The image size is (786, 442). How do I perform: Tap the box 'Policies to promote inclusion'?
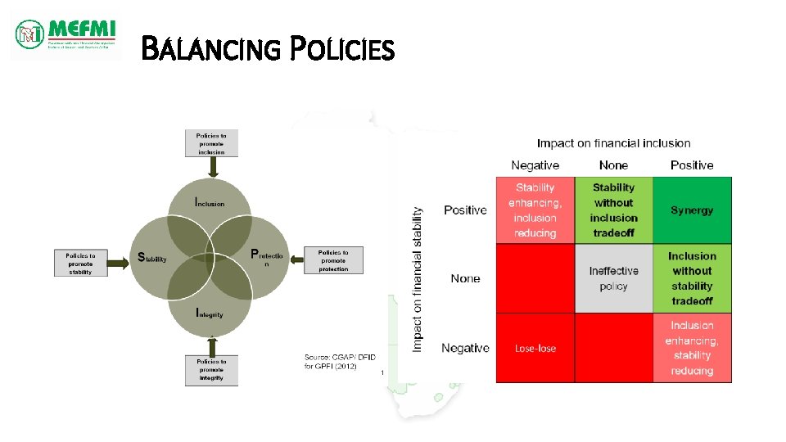211,142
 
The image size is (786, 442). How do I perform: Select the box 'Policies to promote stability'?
80,262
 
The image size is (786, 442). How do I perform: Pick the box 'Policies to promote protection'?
333,261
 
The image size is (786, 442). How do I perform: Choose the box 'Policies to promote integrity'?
211,370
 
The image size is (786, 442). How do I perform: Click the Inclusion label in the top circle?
210,202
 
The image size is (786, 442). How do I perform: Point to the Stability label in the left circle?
152,258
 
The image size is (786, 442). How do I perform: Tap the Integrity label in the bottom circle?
210,313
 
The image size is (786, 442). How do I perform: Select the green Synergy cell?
692,210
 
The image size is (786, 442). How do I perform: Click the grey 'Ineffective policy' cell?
613,278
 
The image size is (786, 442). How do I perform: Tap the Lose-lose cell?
535,348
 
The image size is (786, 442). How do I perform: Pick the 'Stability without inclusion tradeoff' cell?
613,210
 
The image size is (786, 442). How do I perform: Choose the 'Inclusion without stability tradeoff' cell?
692,278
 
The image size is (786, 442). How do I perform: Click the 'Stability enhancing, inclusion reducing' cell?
535,210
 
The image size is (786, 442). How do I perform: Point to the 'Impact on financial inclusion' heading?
613,143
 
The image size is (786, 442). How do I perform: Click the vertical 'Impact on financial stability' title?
418,279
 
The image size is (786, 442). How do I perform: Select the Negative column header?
535,165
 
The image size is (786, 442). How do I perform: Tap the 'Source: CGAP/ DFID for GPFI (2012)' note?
331,361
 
